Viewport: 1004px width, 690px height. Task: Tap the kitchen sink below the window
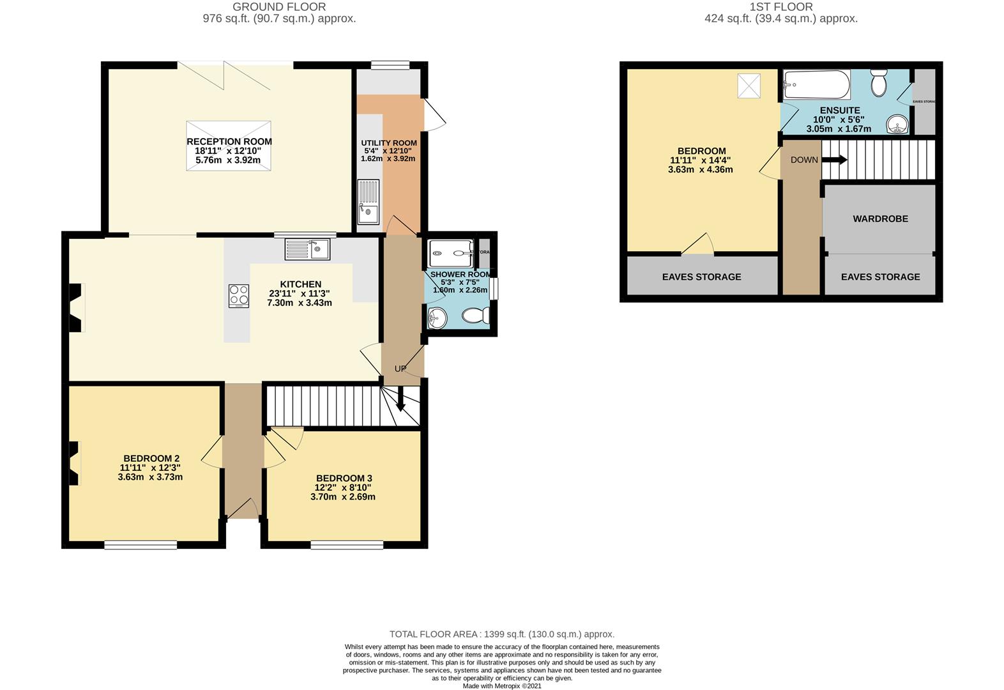coord(307,249)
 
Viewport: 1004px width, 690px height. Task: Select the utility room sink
coord(369,201)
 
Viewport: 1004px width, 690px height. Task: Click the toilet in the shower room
coord(475,315)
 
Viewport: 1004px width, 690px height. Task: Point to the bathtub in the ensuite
coord(817,84)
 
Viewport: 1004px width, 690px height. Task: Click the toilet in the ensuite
coord(879,82)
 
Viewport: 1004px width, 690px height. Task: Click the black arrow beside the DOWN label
coord(835,160)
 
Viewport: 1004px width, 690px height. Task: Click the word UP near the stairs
coord(400,369)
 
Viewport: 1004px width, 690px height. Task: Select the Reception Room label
coord(229,142)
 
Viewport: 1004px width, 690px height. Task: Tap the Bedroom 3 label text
coord(344,478)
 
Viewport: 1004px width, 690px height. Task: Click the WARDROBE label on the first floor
coord(880,218)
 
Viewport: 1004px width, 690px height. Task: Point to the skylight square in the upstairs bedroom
coord(749,86)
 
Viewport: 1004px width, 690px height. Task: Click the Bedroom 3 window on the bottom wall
coord(347,545)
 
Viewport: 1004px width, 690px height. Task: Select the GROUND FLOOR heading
coord(279,7)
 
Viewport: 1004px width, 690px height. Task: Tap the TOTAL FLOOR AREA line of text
coord(502,634)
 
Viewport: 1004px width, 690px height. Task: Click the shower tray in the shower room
coord(451,252)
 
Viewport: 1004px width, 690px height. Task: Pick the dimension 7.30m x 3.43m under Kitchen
coord(300,303)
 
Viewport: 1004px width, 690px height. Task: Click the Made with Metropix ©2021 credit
coord(502,686)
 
